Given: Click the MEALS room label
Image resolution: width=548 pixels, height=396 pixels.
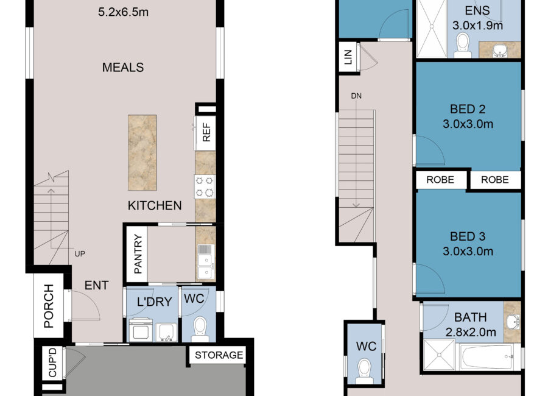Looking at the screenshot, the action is [123, 67].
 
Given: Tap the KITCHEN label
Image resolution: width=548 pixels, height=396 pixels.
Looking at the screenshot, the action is [155, 205].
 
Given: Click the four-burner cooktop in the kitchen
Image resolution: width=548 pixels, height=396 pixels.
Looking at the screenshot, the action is [205, 186].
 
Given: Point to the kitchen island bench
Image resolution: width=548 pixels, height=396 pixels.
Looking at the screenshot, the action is [142, 152].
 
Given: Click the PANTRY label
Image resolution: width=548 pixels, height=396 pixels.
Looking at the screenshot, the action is [138, 254].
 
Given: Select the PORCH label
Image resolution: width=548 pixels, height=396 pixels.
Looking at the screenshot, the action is [49, 306].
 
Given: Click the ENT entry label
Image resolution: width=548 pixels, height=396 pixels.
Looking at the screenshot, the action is [96, 286].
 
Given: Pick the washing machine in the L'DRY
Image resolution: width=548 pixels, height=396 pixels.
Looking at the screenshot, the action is [141, 330].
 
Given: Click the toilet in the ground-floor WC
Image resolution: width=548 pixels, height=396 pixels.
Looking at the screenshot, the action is [200, 329].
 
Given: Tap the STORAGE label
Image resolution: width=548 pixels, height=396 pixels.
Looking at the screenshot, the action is [219, 355].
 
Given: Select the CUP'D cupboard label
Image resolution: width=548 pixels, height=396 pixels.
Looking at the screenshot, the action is [52, 362].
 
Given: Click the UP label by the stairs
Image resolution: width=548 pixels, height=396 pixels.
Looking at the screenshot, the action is [80, 253].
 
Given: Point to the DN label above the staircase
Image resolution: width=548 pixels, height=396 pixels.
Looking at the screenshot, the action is [356, 96].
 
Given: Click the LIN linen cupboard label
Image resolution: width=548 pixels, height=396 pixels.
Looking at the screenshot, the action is [348, 57].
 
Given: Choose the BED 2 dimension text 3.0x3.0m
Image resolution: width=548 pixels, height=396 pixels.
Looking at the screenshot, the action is [468, 124].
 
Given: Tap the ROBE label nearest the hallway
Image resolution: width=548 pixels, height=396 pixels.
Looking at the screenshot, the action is [440, 180].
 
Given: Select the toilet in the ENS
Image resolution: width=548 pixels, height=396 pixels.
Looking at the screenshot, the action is [462, 46].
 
